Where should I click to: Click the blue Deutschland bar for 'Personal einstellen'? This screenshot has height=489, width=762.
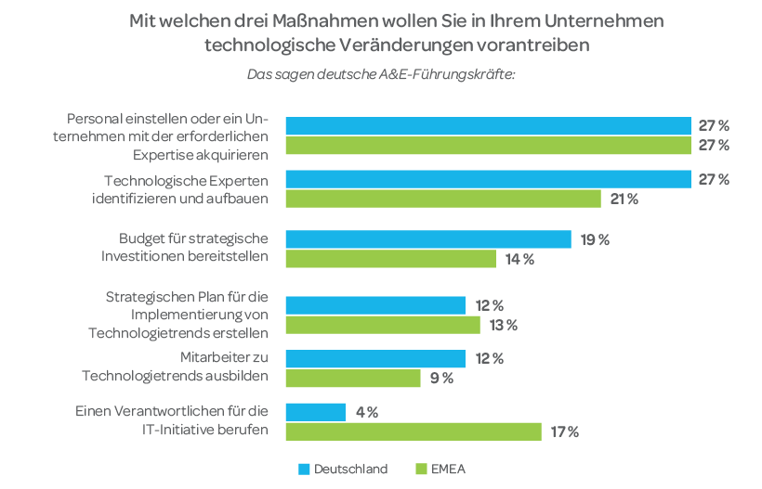pos(488,125)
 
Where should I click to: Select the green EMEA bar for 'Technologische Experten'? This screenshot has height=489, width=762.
pos(443,199)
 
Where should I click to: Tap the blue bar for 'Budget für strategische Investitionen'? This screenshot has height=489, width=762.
pos(428,239)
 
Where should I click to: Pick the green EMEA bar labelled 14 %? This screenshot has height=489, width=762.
pos(391,259)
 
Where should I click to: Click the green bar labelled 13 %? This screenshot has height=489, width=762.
pos(383,325)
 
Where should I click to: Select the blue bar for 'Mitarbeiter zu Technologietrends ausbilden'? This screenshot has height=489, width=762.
pos(375,358)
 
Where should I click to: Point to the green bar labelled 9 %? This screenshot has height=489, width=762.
pos(353,378)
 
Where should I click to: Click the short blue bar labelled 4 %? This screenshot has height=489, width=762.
pos(316,412)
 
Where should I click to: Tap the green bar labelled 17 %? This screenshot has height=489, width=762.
pos(414,431)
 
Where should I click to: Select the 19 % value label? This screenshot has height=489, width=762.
pos(595,239)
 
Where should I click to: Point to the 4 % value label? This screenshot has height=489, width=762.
pos(366,412)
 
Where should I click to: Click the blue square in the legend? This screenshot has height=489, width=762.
pos(303,469)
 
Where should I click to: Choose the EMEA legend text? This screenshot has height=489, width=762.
pos(448,469)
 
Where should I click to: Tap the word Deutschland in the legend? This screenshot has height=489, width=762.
pos(350,469)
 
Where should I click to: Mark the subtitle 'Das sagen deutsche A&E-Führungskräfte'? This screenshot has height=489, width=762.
pos(381,73)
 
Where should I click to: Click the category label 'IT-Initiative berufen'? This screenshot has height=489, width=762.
pos(198,429)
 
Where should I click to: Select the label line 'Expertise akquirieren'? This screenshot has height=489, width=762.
pos(200,154)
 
